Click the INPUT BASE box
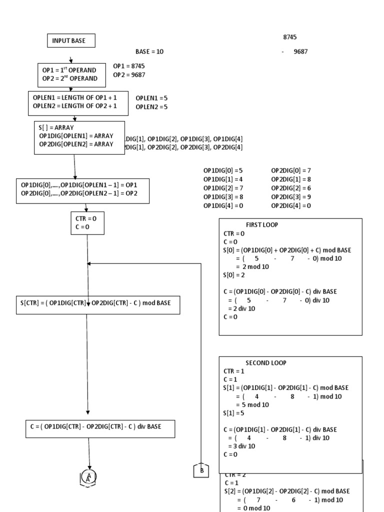pos(70,41)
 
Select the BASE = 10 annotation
pos(149,51)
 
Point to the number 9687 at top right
pos(300,51)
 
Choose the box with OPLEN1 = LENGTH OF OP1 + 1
pos(78,102)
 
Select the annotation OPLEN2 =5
pos(151,106)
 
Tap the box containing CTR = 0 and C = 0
pos(87,223)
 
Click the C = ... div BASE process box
pos(100,428)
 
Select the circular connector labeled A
pos(88,476)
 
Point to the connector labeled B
pos(201,470)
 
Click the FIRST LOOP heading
pos(261,225)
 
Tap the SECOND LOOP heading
pos(265,363)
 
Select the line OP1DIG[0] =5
pos(223,170)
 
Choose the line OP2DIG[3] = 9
pos(291,197)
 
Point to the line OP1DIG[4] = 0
pos(223,205)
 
